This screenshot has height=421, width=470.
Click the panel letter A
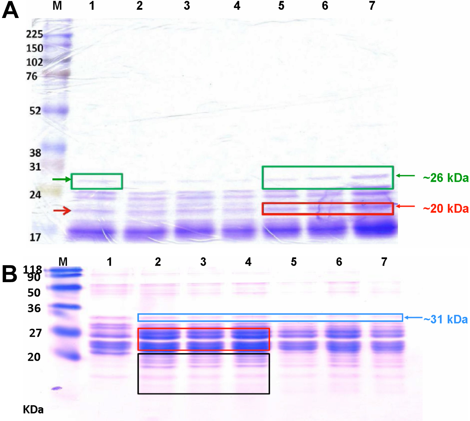click(10, 10)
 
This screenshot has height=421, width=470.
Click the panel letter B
click(9, 274)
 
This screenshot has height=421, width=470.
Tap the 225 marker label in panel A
click(34, 34)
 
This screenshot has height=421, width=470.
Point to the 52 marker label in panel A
click(35, 111)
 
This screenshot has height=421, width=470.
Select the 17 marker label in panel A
click(35, 237)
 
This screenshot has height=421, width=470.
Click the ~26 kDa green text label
click(446, 178)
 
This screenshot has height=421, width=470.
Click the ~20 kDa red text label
click(446, 209)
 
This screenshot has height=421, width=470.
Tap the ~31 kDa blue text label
click(445, 319)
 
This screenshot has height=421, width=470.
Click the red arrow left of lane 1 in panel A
click(62, 210)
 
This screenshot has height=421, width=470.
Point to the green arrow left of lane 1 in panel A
click(62, 179)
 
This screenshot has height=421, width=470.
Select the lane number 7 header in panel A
click(372, 6)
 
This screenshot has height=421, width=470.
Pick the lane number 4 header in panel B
click(248, 262)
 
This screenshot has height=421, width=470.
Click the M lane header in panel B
click(63, 262)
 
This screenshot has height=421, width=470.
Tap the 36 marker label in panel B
click(34, 308)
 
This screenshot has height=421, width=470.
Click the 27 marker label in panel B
click(35, 333)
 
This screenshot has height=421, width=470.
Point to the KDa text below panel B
click(33, 410)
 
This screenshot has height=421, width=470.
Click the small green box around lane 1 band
click(97, 181)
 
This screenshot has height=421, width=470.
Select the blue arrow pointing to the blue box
click(413, 317)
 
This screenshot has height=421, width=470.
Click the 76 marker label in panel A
click(32, 76)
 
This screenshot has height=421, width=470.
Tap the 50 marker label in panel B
click(34, 293)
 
